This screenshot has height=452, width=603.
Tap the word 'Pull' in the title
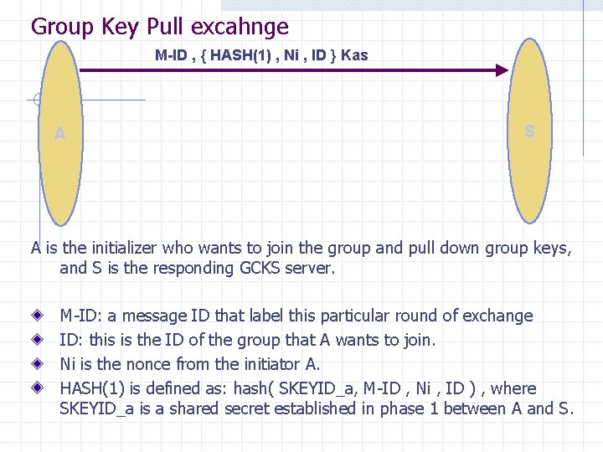[166, 27]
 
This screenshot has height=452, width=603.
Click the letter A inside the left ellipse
[59, 134]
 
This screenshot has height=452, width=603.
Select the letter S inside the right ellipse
[529, 131]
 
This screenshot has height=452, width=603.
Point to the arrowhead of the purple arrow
[502, 71]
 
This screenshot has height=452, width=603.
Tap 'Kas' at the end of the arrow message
[354, 55]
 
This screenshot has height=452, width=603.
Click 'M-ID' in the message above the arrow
[171, 55]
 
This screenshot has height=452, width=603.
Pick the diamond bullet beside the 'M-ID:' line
[38, 316]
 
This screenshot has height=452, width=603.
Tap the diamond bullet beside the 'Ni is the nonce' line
[38, 364]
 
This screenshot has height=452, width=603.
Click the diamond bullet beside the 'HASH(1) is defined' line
[38, 388]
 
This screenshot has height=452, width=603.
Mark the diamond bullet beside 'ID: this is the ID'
[38, 341]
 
